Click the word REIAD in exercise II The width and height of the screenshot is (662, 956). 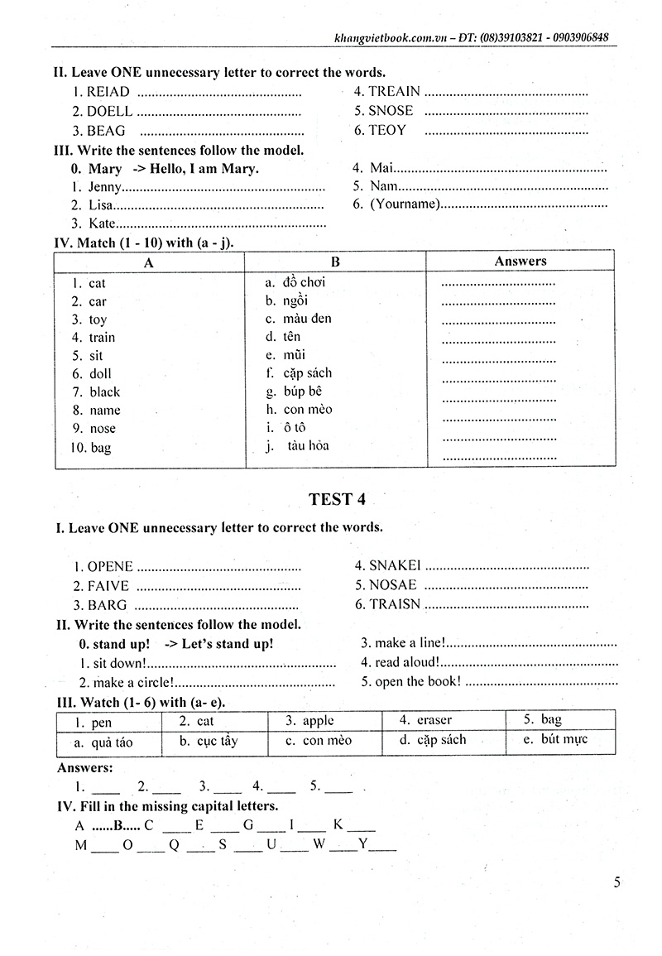108,92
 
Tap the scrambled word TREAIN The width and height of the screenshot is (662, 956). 394,91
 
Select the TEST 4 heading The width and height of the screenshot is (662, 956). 337,499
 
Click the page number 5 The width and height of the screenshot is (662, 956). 617,882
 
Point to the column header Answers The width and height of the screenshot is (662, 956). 520,261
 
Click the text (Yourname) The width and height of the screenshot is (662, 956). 405,204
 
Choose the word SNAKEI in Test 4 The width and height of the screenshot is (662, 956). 395,565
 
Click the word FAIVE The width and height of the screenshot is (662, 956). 108,585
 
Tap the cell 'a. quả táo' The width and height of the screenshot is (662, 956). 103,742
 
